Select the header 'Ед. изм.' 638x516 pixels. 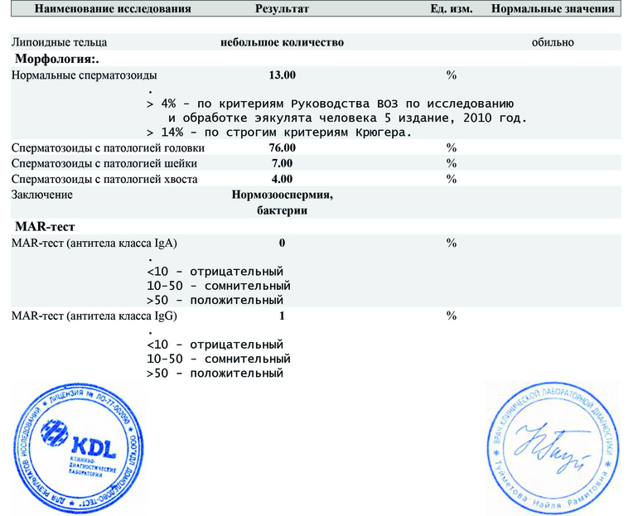tap(452, 9)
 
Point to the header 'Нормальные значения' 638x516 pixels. tap(553, 9)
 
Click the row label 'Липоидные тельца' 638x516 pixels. tap(59, 41)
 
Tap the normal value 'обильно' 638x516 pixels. tap(553, 41)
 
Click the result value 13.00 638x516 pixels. tap(283, 75)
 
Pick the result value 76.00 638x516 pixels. tap(283, 147)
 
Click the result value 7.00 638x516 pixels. tap(283, 163)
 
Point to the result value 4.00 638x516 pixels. tap(283, 179)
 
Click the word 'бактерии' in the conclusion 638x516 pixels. tap(283, 210)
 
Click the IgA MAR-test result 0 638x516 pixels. tap(283, 243)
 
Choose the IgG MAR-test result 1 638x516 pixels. tap(283, 316)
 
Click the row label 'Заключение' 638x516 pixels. tap(42, 195)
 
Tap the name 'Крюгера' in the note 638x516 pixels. tap(383, 132)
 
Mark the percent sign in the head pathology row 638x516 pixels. tap(452, 147)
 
